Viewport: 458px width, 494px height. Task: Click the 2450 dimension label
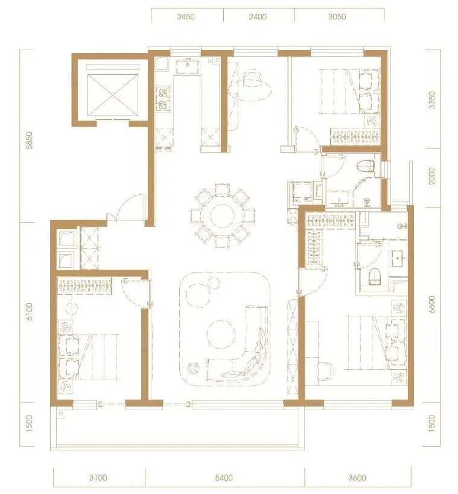click(x=185, y=16)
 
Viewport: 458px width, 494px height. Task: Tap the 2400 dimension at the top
click(x=258, y=16)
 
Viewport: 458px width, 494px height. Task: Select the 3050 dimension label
click(x=337, y=16)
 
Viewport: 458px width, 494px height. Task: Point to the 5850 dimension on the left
click(x=29, y=140)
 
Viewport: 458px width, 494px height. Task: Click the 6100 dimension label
click(x=29, y=311)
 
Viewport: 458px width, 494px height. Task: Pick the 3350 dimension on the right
click(x=432, y=100)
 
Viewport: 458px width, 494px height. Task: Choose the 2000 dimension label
click(x=432, y=176)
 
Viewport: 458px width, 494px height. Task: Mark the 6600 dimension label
click(x=432, y=305)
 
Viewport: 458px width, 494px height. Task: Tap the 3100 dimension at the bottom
click(x=98, y=478)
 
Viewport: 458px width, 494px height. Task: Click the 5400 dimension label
click(x=224, y=478)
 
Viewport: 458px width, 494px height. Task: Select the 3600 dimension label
click(x=357, y=478)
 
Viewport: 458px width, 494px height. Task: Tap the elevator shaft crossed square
click(x=112, y=95)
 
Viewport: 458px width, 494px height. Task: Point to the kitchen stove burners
click(x=164, y=98)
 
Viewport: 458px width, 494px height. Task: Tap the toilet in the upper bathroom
click(x=367, y=166)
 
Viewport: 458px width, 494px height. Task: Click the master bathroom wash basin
click(x=399, y=258)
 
